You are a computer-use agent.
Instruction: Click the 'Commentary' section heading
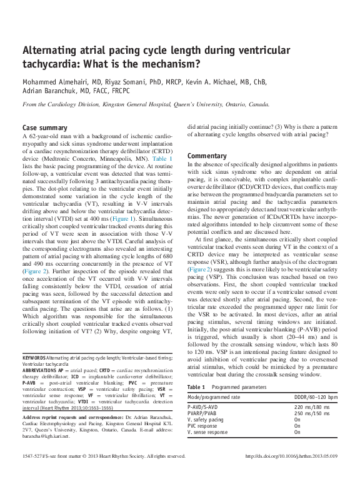pyautogui.click(x=207, y=155)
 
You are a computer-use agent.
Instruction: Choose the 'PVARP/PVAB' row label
pyautogui.click(x=204, y=413)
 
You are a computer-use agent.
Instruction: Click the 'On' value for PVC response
pyautogui.click(x=297, y=425)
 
